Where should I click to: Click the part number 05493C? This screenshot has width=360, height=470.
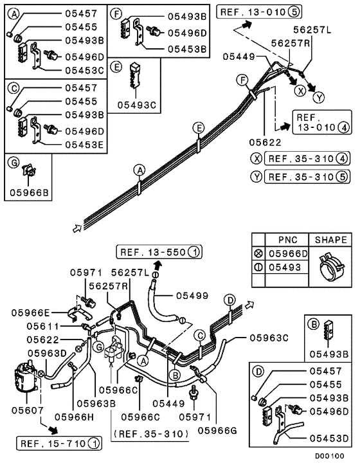137,105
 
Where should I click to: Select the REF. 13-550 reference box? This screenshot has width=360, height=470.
159,252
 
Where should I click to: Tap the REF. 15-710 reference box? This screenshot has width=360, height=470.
59,444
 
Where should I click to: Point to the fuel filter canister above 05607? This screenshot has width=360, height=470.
26,376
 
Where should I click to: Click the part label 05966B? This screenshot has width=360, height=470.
29,192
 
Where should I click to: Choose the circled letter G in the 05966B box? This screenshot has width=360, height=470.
14,163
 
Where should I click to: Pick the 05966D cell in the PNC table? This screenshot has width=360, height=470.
288,254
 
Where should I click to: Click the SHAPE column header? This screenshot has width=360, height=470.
330,240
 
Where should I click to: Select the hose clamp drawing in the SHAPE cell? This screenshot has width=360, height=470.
330,266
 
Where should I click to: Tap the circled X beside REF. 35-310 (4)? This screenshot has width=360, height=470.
256,159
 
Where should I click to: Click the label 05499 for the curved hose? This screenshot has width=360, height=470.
192,296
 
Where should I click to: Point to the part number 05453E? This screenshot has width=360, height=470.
84,145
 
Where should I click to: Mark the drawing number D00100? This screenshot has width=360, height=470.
329,456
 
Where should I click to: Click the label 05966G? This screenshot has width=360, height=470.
217,431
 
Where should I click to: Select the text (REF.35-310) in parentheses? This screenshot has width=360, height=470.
151,434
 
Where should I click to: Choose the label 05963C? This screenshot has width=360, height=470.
269,338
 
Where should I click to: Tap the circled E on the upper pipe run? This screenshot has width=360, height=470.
198,128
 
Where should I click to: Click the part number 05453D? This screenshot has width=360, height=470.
329,438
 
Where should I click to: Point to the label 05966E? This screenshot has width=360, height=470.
31,313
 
